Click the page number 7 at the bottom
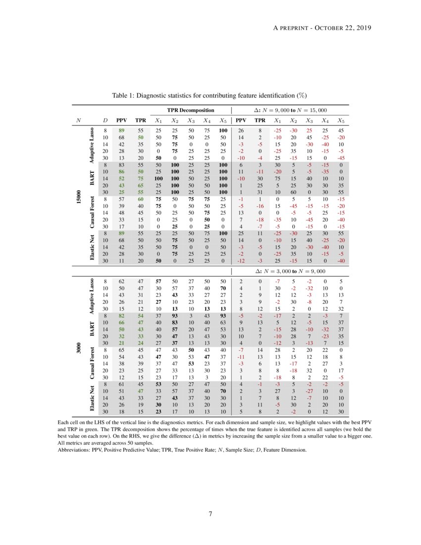tap(210, 514)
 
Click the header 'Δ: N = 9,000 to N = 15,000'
tap(290, 110)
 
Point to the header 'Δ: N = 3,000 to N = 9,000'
tap(290, 271)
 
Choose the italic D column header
tap(105, 120)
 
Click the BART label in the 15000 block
tap(93, 176)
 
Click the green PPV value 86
tap(120, 170)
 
